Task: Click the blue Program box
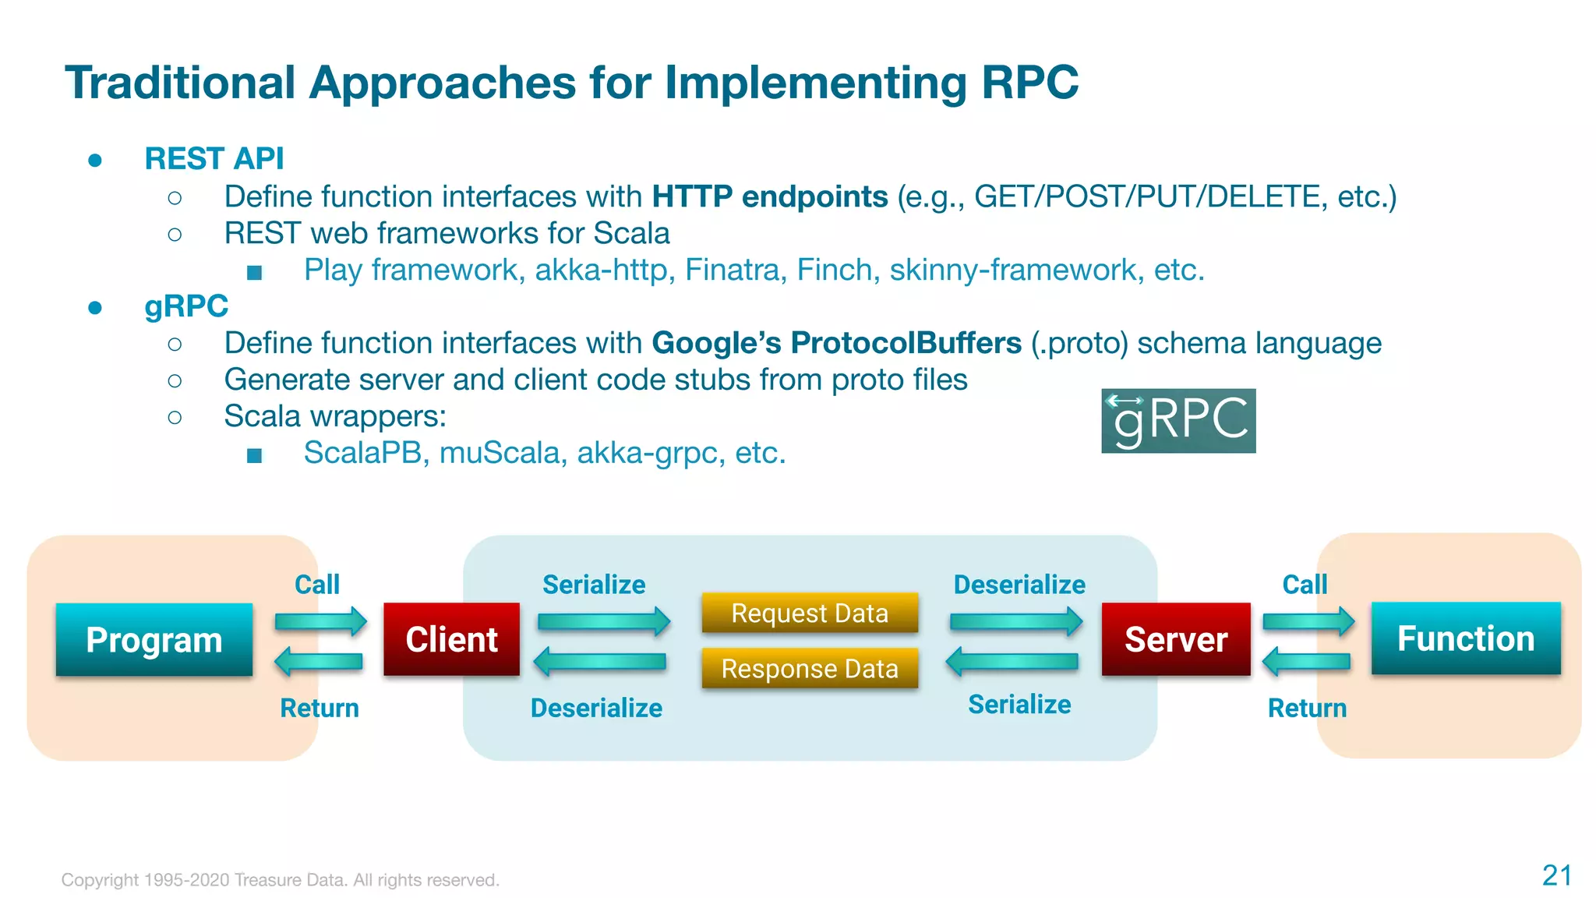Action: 154,639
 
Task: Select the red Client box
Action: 451,639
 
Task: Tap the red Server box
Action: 1176,639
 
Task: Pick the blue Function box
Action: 1466,638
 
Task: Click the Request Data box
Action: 810,613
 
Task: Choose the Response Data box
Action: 810,668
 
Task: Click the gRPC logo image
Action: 1178,421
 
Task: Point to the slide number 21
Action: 1556,875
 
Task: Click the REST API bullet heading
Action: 214,158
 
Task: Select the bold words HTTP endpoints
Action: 769,196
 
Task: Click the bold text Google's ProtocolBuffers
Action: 836,343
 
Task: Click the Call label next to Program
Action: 317,585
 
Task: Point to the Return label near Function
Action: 1307,708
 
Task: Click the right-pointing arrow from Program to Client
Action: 320,621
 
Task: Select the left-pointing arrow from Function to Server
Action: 1307,662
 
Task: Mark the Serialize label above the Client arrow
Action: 594,585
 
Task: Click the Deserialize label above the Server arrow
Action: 1019,585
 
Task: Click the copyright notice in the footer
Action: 281,880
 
